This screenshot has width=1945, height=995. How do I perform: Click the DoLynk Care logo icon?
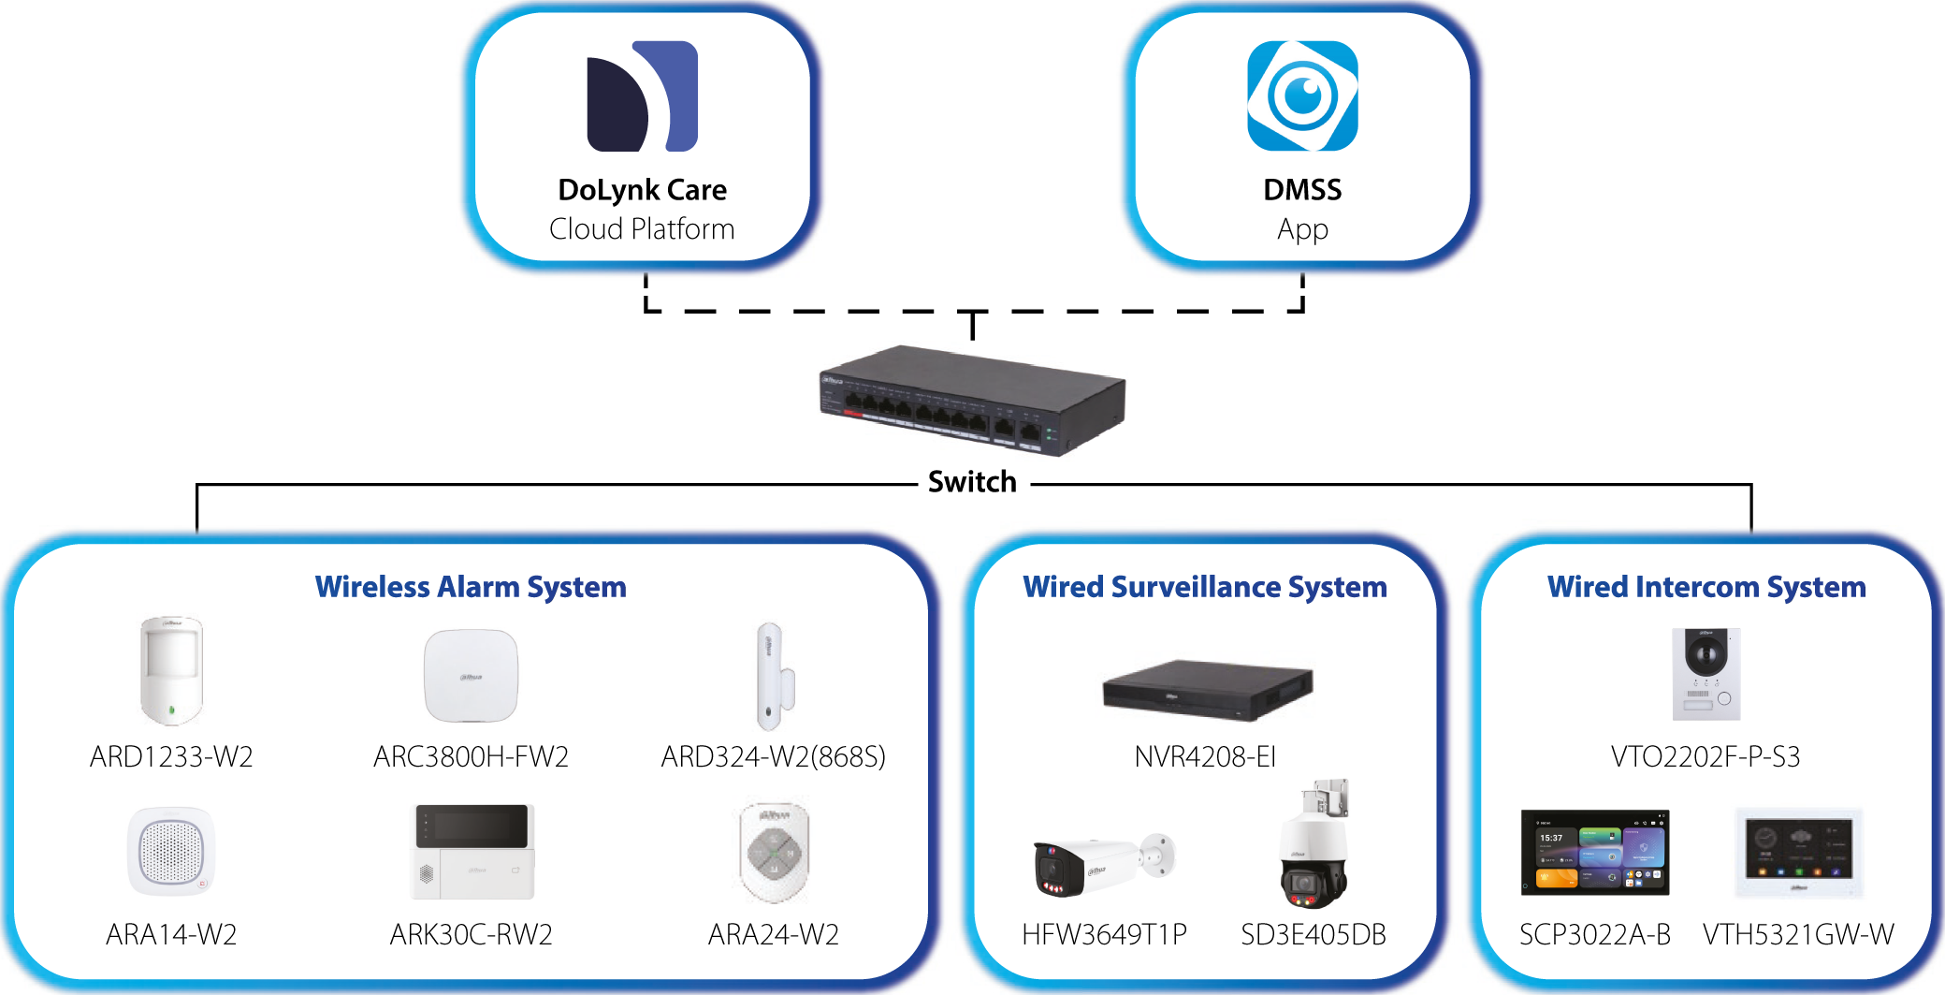(642, 96)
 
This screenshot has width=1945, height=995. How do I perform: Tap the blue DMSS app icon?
(1302, 96)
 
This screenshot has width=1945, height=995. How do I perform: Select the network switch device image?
(973, 400)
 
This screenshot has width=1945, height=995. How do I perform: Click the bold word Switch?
(972, 482)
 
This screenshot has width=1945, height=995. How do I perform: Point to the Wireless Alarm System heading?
(471, 587)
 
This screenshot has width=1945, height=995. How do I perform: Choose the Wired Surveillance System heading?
(1205, 587)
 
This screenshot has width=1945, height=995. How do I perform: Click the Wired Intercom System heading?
(1706, 587)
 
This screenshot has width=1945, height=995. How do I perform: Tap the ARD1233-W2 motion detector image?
(171, 671)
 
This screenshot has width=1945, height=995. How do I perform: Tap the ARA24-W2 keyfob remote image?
(774, 852)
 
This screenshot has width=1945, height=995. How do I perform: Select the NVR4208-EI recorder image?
(1207, 690)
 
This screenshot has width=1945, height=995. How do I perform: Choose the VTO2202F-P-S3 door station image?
(1706, 674)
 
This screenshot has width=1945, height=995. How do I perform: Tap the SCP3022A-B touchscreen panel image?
(1595, 853)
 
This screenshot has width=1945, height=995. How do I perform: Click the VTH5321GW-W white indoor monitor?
(1798, 853)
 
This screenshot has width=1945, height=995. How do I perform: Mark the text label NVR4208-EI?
(1205, 756)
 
